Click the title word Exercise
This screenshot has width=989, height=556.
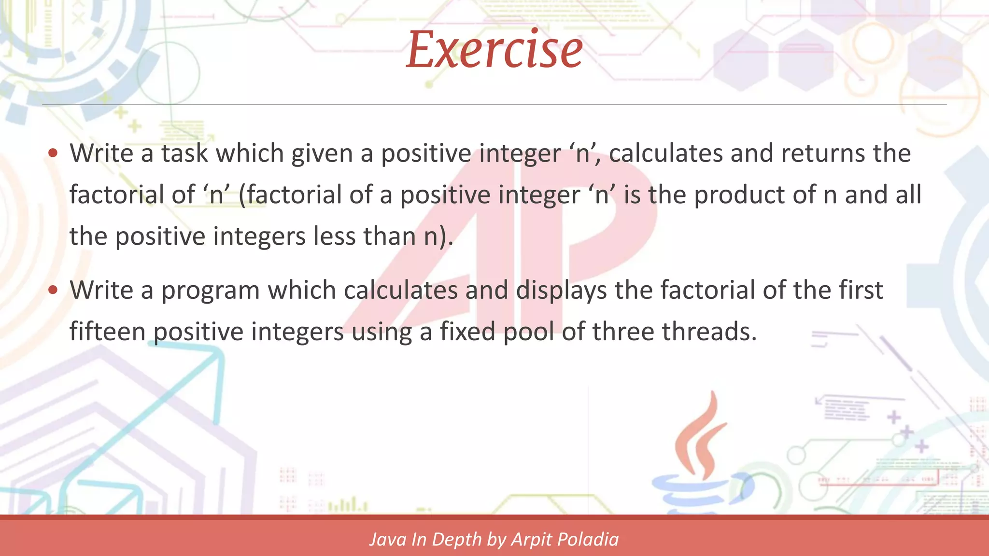pos(494,49)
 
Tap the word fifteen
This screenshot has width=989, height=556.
pos(107,332)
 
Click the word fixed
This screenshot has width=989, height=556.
pos(467,332)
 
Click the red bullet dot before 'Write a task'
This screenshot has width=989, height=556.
pos(53,153)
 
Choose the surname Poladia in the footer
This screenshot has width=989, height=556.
pos(589,540)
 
